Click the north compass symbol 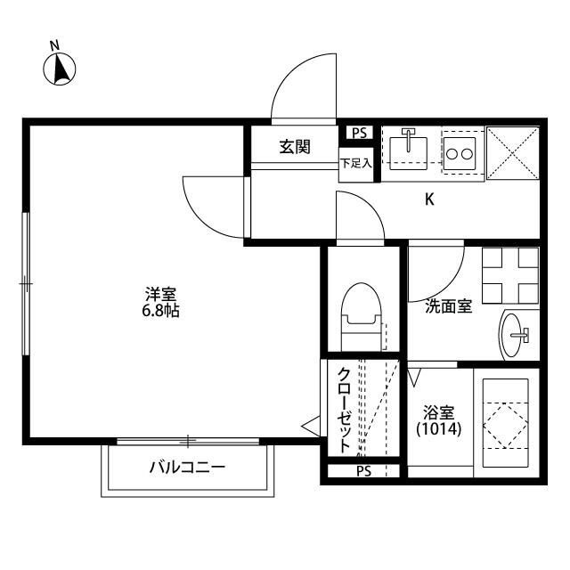click(x=61, y=68)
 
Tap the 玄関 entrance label click(x=295, y=147)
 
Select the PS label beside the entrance click(x=359, y=134)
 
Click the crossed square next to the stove click(x=514, y=152)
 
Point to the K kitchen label click(x=429, y=199)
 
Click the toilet click(x=362, y=314)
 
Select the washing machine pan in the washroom click(x=510, y=274)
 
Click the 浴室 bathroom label click(x=439, y=412)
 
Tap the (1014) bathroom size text click(x=439, y=429)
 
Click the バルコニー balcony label click(x=187, y=467)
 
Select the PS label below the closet click(x=363, y=471)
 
